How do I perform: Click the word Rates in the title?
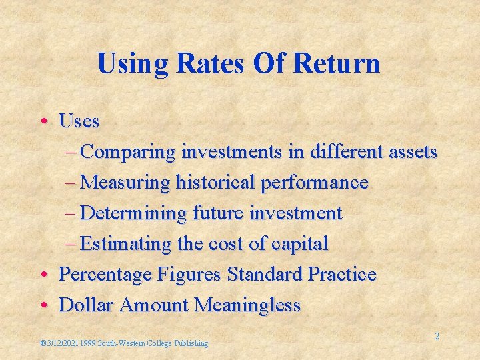coord(213,64)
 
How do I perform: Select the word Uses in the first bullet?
coord(79,121)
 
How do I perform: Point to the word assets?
coord(411,152)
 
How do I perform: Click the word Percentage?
coord(106,274)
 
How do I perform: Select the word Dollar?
coord(87,305)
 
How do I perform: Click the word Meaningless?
coord(247,305)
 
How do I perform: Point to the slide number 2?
coord(437,337)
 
